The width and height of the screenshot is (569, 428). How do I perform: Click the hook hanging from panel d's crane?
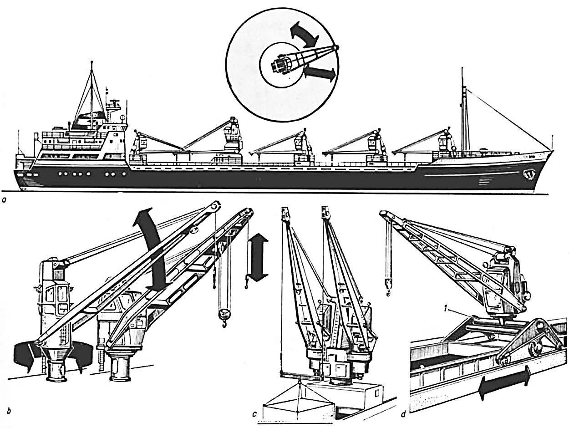389,285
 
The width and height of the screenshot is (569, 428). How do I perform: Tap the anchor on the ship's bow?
530,173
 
